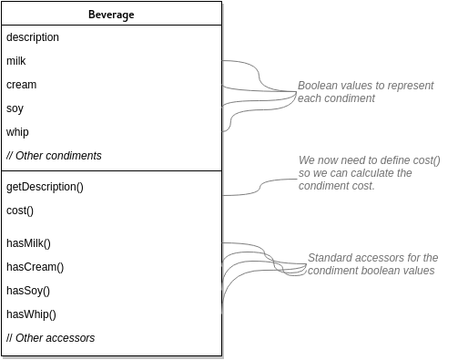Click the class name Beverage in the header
[x=110, y=14]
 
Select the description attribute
[x=33, y=37]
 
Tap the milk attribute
[x=16, y=61]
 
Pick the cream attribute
[x=21, y=85]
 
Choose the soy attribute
[x=15, y=108]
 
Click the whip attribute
[x=17, y=132]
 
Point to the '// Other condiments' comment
[x=54, y=156]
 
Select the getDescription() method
[x=45, y=187]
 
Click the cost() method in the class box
[x=20, y=211]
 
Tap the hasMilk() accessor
[x=28, y=243]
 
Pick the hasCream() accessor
[x=35, y=267]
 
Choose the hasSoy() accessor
[x=28, y=291]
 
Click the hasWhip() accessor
[x=31, y=314]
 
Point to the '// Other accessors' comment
[x=50, y=338]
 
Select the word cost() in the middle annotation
[x=423, y=160]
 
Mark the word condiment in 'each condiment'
[x=350, y=98]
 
